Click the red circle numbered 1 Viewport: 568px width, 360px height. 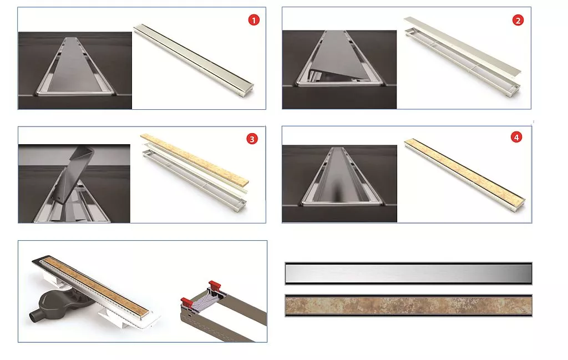[253, 21]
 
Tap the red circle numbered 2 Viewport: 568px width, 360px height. [518, 21]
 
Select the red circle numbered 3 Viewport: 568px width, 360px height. [252, 139]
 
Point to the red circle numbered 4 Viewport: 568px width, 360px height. [516, 137]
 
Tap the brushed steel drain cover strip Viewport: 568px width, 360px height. [408, 273]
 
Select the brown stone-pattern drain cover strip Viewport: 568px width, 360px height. [408, 306]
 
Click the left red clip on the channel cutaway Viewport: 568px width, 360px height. [186, 302]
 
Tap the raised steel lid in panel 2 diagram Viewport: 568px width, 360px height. [462, 45]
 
